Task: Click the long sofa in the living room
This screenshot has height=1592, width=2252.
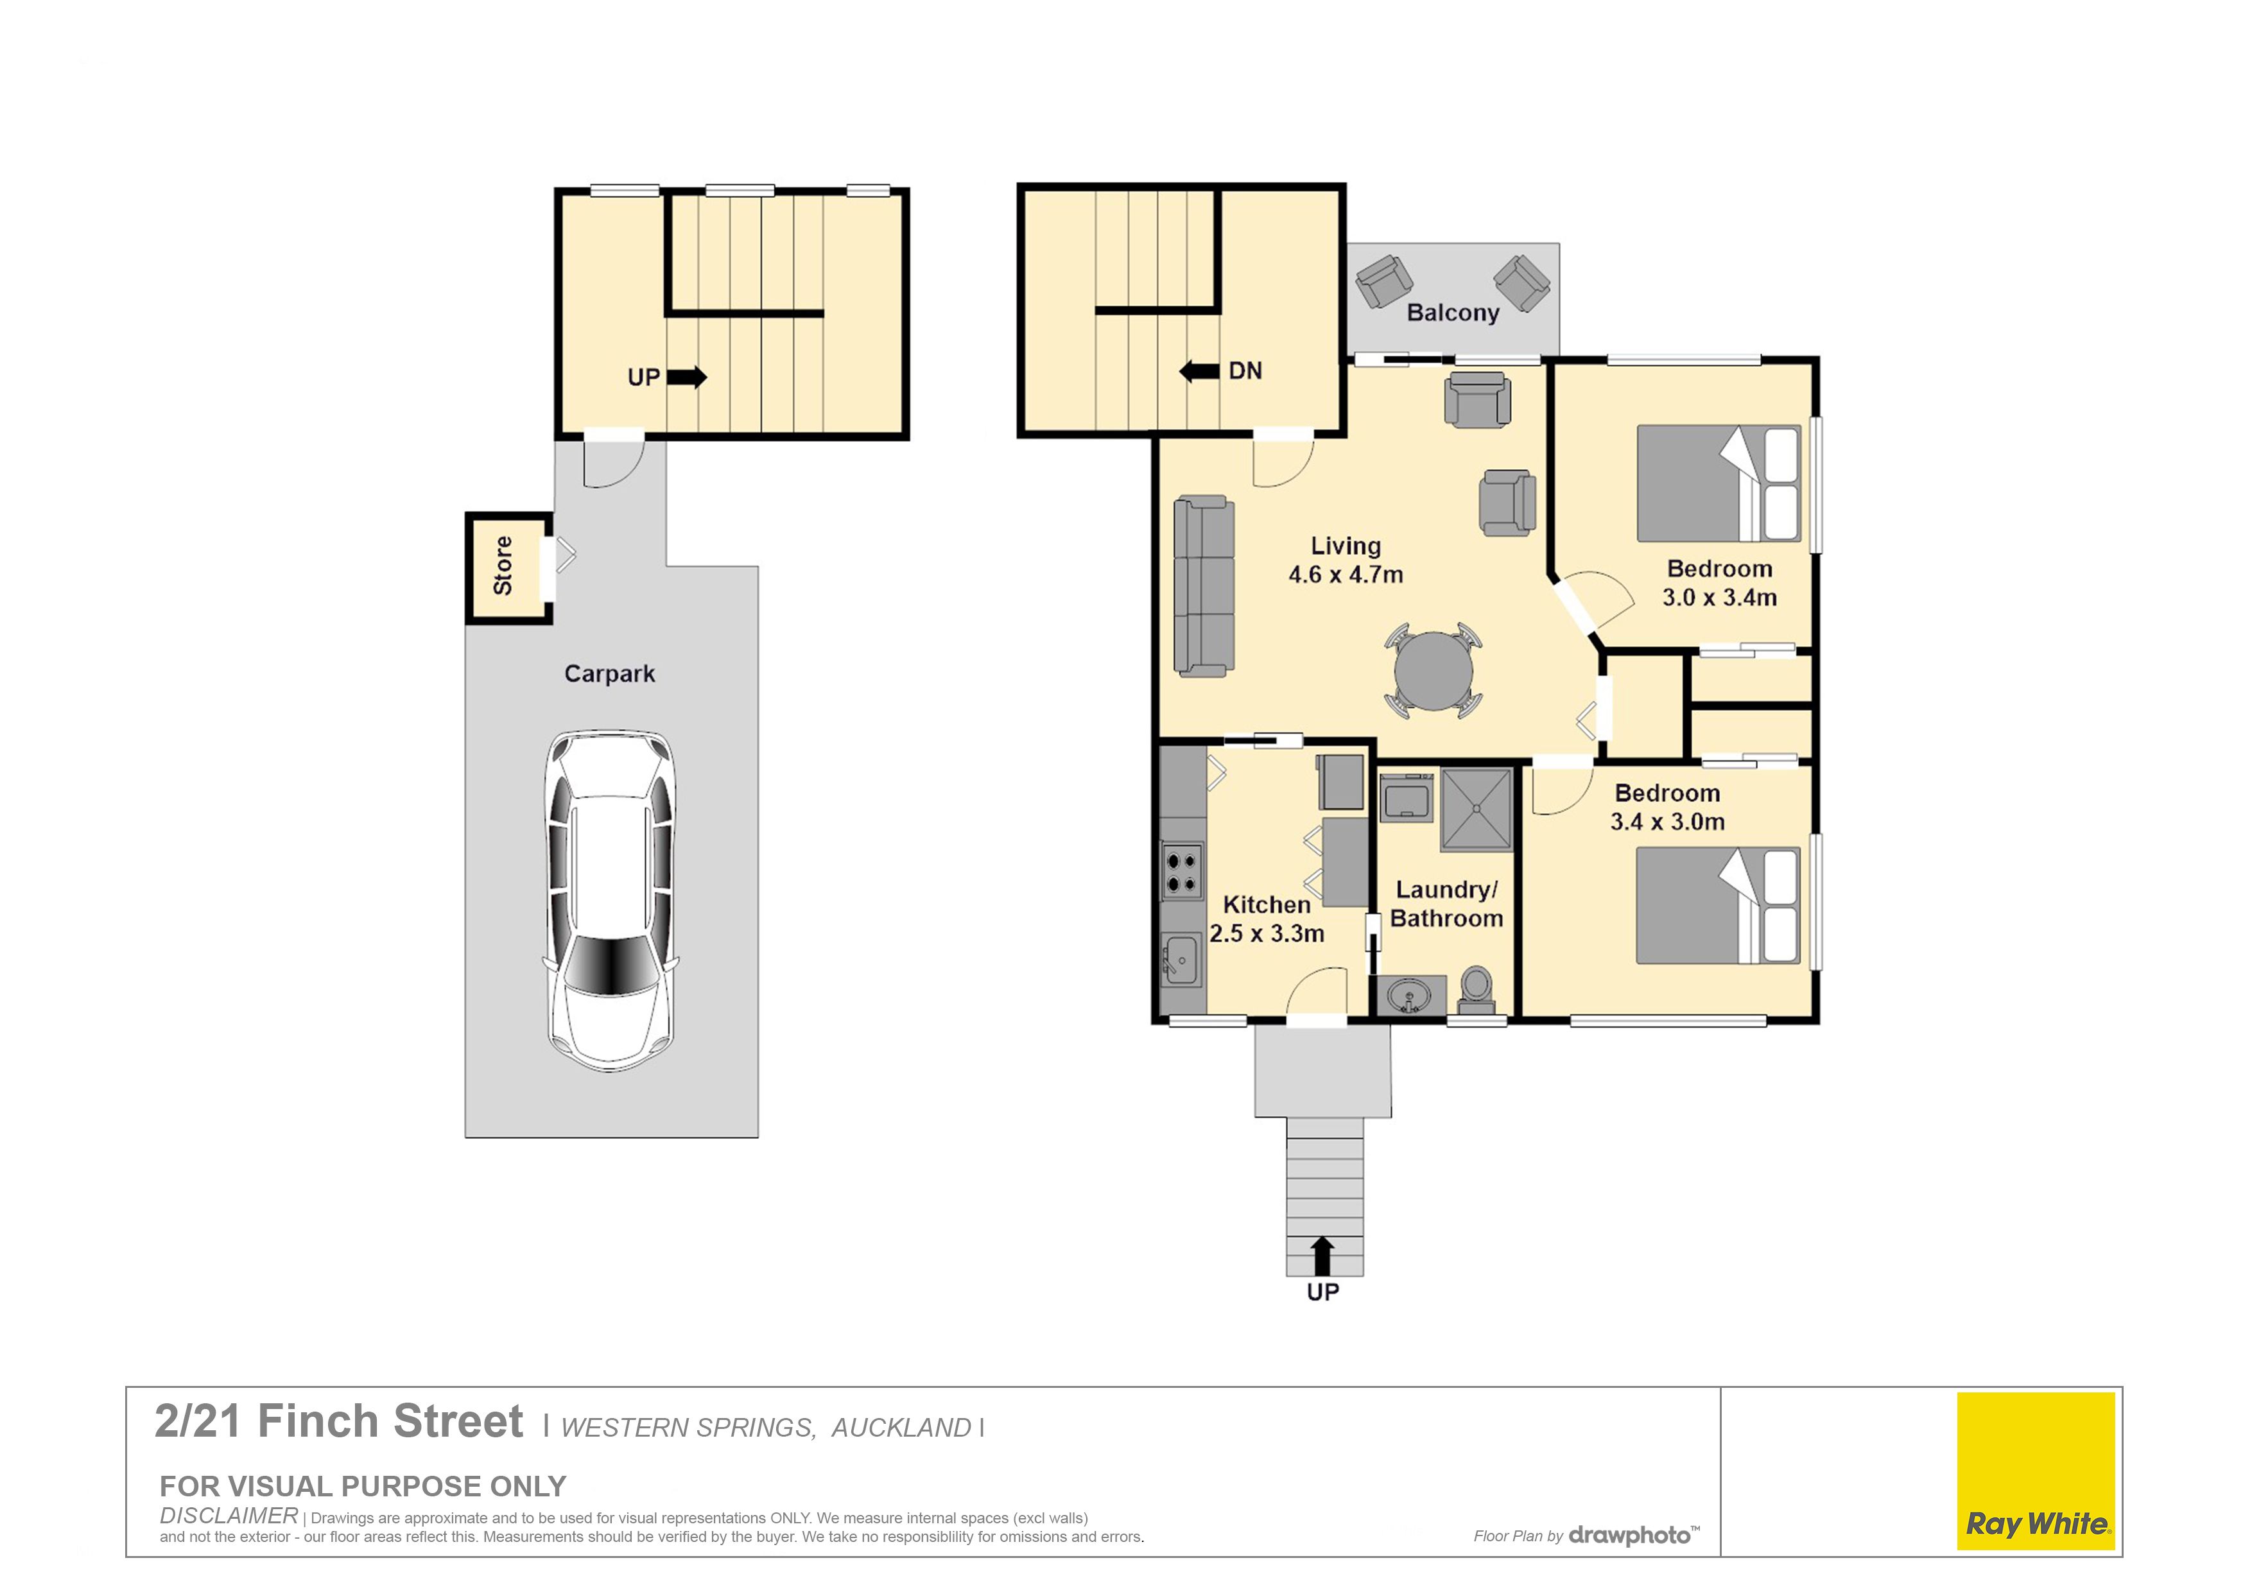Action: [x=1204, y=587]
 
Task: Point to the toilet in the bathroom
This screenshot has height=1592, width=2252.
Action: [x=1476, y=991]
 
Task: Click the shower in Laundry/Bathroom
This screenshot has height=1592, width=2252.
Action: [x=1476, y=809]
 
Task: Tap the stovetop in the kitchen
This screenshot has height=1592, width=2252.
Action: [x=1182, y=871]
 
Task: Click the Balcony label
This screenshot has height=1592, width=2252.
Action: [x=1453, y=313]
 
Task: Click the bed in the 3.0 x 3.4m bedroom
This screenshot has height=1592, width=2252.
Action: [x=1719, y=483]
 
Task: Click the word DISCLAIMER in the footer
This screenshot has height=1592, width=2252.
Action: [x=229, y=1516]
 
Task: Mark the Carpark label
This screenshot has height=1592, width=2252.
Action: [x=609, y=674]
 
